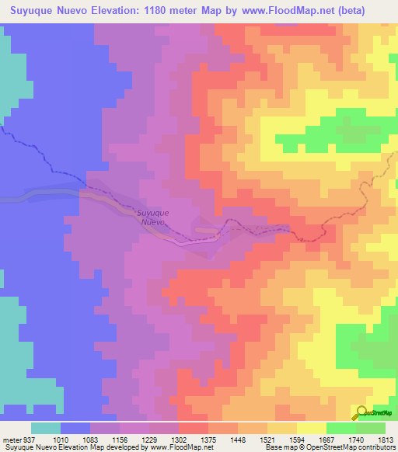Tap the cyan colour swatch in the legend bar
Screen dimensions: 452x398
46,428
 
